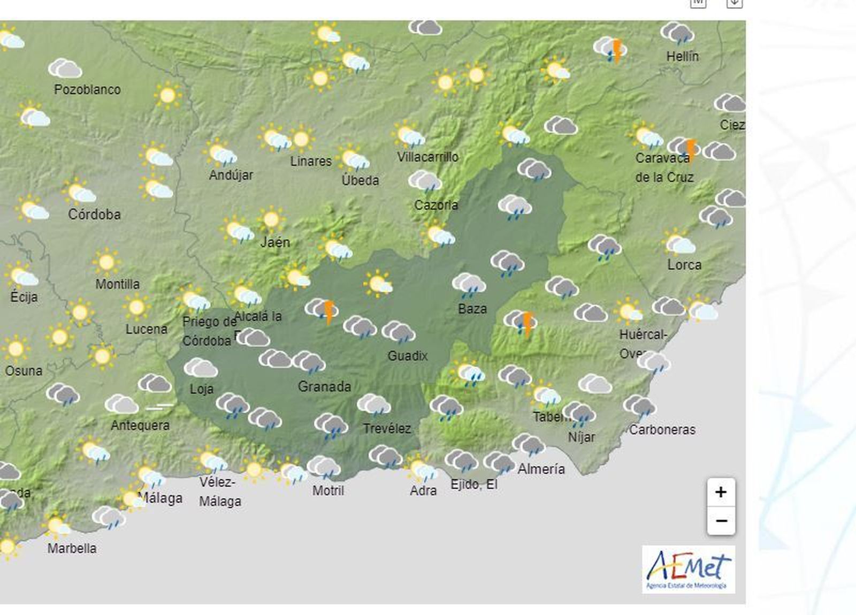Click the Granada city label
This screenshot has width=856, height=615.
pyautogui.click(x=324, y=386)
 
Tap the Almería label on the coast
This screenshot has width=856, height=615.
pyautogui.click(x=541, y=469)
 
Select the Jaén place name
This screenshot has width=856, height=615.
pyautogui.click(x=275, y=242)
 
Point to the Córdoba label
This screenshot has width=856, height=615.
pyautogui.click(x=94, y=214)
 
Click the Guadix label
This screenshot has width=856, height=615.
pyautogui.click(x=408, y=356)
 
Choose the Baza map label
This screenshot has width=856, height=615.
pyautogui.click(x=472, y=309)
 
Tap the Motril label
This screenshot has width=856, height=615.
pyautogui.click(x=328, y=490)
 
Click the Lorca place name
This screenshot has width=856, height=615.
pyautogui.click(x=684, y=264)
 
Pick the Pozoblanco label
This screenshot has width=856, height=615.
pyautogui.click(x=87, y=89)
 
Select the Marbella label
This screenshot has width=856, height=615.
pyautogui.click(x=72, y=548)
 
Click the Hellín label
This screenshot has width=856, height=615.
pyautogui.click(x=682, y=56)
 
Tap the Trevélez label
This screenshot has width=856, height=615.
pyautogui.click(x=387, y=428)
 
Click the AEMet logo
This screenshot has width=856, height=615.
pyautogui.click(x=689, y=570)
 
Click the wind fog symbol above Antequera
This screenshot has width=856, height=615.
pyautogui.click(x=160, y=407)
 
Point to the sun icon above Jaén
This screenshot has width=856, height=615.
pyautogui.click(x=271, y=219)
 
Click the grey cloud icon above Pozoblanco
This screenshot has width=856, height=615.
pyautogui.click(x=65, y=69)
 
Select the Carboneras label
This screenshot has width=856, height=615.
pyautogui.click(x=662, y=429)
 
